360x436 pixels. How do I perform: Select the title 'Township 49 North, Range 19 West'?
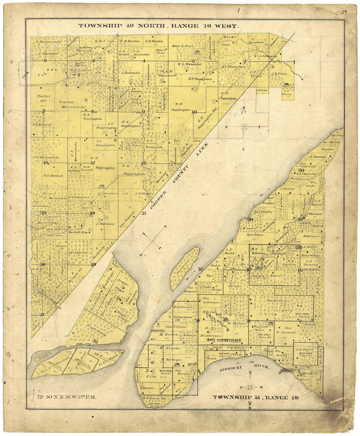(159, 26)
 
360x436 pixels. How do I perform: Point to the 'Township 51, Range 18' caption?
(256, 398)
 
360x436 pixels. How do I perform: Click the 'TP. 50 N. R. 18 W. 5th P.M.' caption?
(67, 398)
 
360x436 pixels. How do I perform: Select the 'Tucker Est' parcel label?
(44, 98)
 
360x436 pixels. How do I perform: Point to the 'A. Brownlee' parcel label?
(131, 73)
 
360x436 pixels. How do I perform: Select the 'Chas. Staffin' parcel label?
(262, 212)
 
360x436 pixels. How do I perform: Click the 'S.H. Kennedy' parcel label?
(43, 125)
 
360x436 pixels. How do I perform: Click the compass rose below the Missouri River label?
(249, 387)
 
